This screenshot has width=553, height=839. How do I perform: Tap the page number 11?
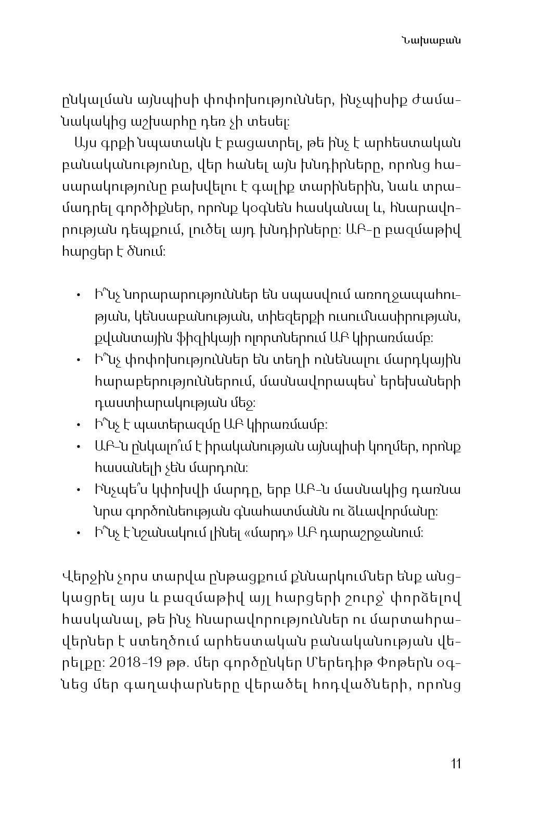coord(456,764)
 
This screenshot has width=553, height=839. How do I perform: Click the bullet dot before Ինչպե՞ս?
coord(78,490)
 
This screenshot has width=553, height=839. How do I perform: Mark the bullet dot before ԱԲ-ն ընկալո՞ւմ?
coord(78,447)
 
